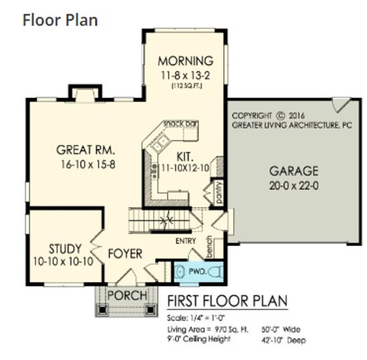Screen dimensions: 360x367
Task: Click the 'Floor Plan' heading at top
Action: [x=60, y=19]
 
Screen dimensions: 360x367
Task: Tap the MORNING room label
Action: [x=185, y=60]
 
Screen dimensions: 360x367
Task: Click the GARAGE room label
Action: [x=293, y=170]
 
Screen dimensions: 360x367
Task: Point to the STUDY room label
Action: [x=65, y=248]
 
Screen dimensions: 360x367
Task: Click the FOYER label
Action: [x=124, y=254]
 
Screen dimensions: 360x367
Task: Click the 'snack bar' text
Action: [x=180, y=124]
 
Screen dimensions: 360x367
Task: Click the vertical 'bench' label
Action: [x=209, y=246]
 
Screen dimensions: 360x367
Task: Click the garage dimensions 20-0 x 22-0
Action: [x=293, y=185]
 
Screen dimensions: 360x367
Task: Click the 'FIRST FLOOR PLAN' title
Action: [x=227, y=301]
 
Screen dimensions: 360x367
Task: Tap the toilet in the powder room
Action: [x=213, y=272]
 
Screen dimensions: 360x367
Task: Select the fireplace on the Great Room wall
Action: [x=85, y=93]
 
